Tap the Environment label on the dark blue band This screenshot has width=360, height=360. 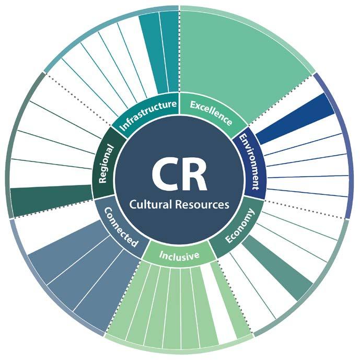click(x=250, y=161)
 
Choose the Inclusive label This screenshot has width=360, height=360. click(x=180, y=256)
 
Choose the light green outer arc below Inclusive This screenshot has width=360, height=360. click(x=172, y=351)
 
